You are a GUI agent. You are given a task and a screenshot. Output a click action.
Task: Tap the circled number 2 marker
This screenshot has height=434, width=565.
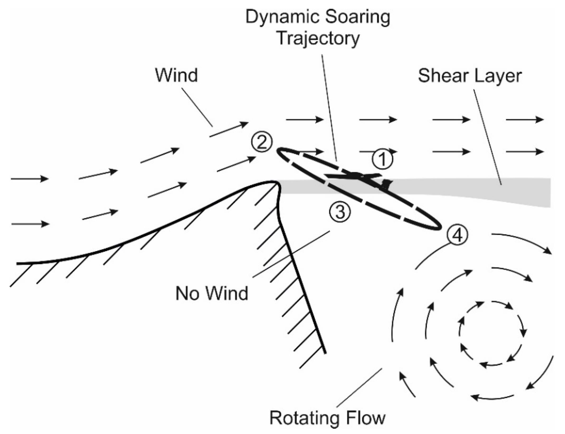pyautogui.click(x=261, y=142)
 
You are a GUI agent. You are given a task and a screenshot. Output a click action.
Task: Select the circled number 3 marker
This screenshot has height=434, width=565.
pyautogui.click(x=340, y=212)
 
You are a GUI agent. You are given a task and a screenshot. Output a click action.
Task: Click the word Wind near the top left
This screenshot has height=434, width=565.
pyautogui.click(x=176, y=75)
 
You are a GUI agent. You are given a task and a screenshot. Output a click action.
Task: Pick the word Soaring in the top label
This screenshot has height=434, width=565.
pyautogui.click(x=358, y=17)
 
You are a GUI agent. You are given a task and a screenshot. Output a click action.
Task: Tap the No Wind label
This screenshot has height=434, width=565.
pyautogui.click(x=212, y=293)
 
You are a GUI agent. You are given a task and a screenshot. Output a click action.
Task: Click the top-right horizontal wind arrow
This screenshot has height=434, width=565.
pyautogui.click(x=525, y=120)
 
